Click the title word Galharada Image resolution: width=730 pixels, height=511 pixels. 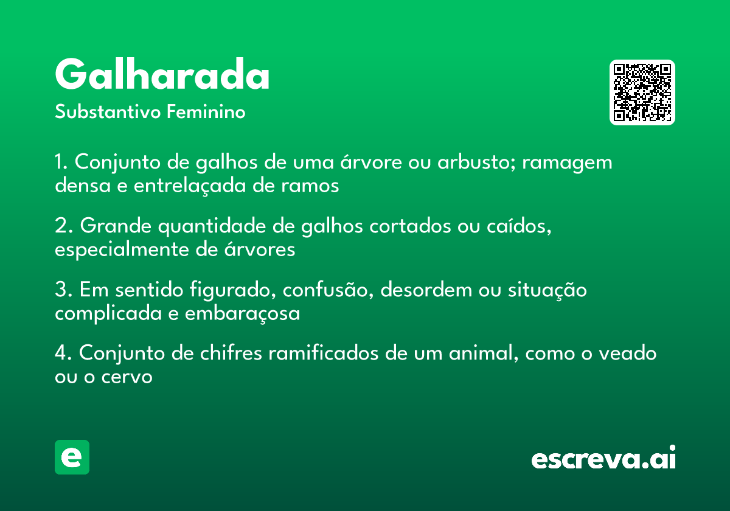pos(162,75)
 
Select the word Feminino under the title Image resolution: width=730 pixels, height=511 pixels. pos(206,113)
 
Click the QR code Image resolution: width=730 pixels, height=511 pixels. pos(642,92)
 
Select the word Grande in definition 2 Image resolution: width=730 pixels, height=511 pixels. pos(115,227)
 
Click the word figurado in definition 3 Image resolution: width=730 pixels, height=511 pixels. pos(229,291)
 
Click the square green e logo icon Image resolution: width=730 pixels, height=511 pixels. pos(72,457)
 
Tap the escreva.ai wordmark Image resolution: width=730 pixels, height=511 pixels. pos(603,459)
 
